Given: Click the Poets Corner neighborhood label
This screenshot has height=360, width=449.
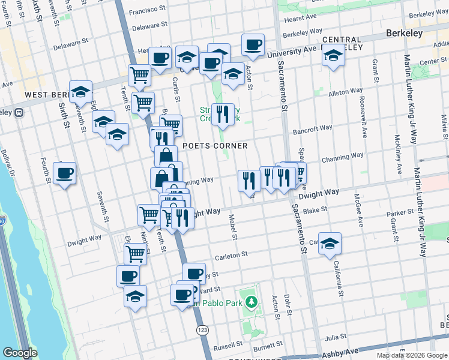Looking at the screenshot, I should coord(215,146).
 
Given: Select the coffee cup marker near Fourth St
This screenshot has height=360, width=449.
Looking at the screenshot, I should coord(64,174).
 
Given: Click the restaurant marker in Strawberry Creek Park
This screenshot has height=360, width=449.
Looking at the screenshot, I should coord(223,114).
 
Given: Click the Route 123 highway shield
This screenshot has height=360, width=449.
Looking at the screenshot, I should coord(202,331).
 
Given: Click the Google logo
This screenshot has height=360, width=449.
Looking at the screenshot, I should coord(20,353).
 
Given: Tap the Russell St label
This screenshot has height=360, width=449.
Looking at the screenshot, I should coord(228,347).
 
